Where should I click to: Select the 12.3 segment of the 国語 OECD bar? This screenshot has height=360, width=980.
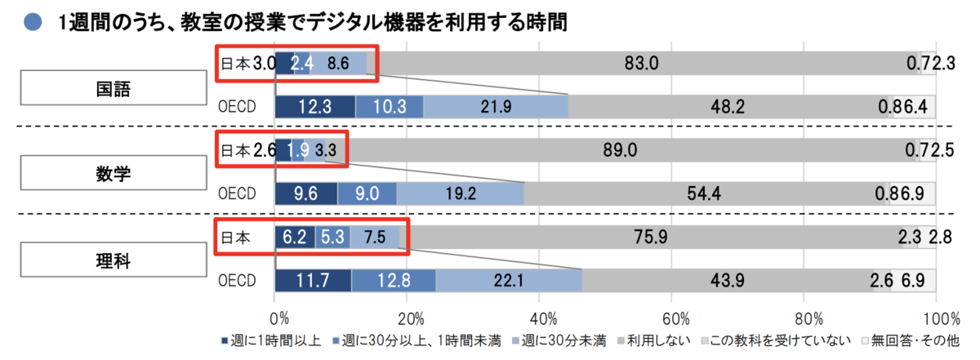315,107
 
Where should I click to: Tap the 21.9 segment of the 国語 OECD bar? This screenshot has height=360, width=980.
496,107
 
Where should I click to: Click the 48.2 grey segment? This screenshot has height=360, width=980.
728,107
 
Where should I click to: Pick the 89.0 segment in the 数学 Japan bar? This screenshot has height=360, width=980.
621,150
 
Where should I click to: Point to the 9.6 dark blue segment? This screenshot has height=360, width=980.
306,193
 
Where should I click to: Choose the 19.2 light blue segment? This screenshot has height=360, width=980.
461,193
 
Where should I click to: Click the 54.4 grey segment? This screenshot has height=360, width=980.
704,193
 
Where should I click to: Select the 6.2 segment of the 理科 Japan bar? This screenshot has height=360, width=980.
295,237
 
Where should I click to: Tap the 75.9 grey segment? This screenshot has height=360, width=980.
651,237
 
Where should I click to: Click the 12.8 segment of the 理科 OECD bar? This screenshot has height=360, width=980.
394,280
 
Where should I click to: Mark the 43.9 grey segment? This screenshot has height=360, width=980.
728,280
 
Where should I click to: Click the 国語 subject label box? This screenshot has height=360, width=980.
114,88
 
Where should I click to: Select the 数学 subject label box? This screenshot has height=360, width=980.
114,173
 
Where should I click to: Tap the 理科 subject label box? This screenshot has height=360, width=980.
114,260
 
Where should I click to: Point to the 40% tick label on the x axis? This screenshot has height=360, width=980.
543,319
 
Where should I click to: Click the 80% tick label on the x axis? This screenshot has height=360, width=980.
808,319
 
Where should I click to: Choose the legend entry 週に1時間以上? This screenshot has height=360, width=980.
272,340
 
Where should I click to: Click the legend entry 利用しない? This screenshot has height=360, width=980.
654,340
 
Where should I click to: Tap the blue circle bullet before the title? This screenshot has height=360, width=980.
33,22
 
